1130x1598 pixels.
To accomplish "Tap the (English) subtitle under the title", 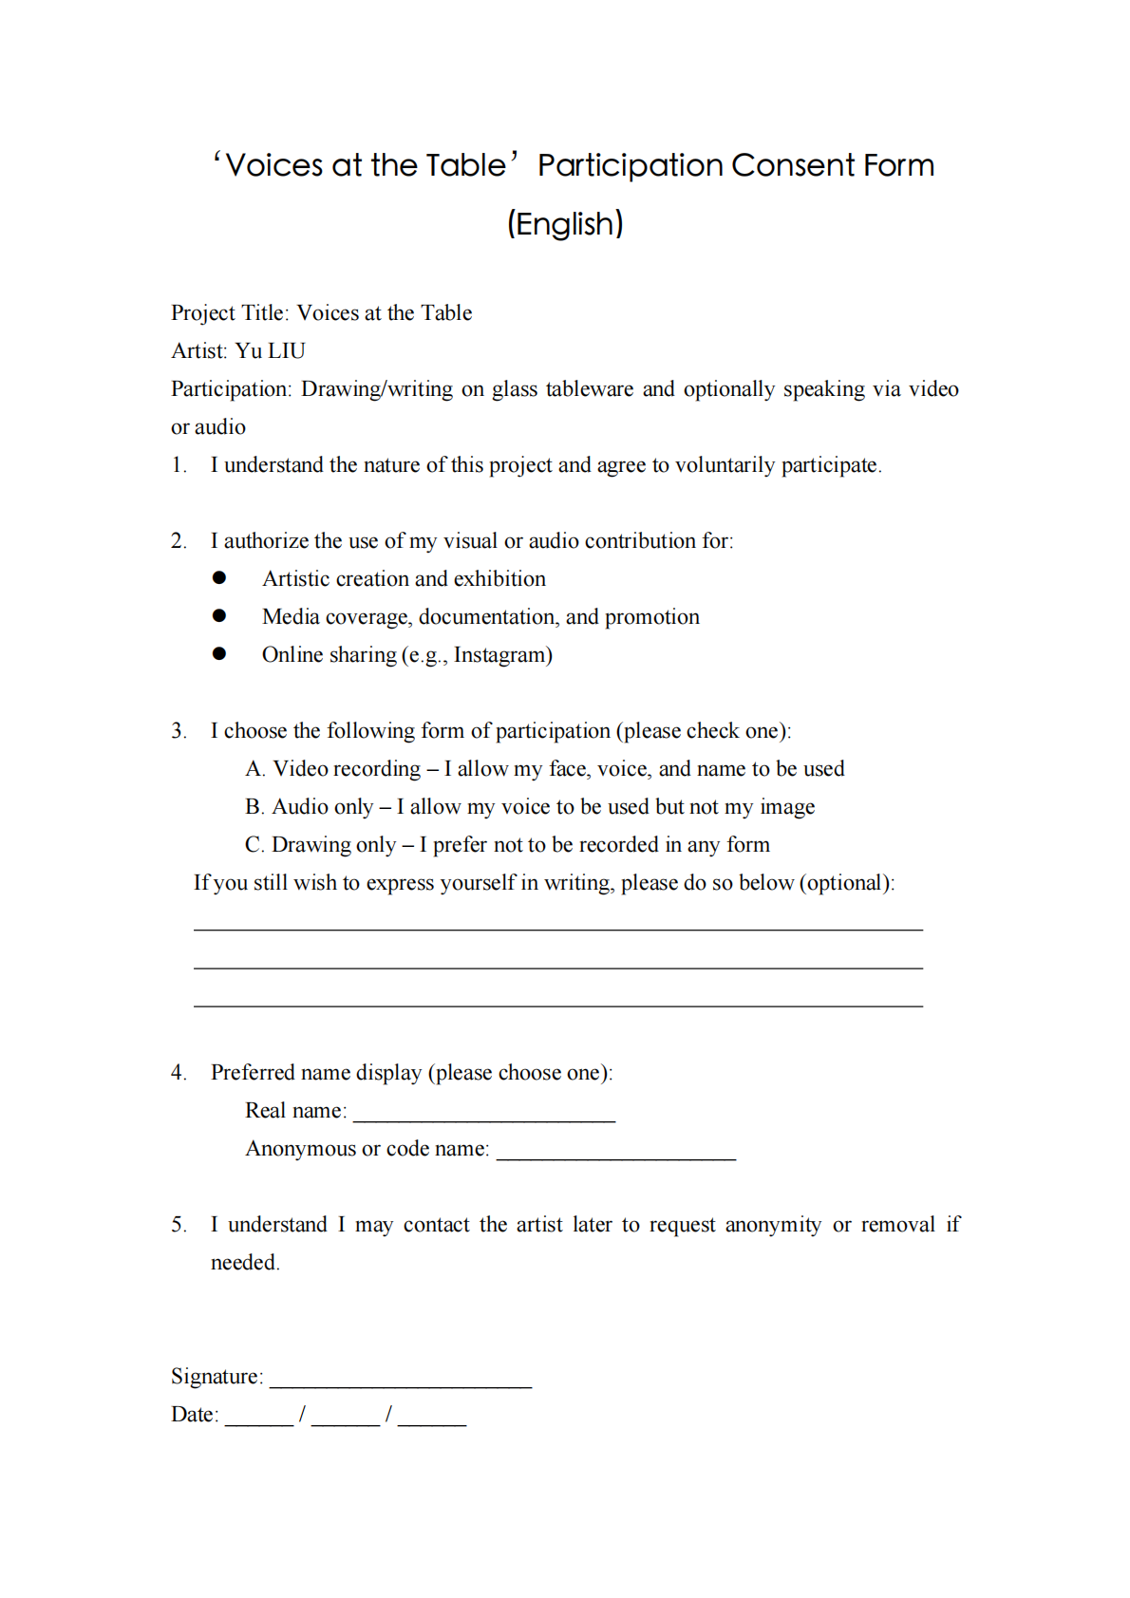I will coord(565,224).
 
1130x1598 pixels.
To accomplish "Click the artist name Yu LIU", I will coord(271,351).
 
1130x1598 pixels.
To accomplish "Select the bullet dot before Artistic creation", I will coord(219,578).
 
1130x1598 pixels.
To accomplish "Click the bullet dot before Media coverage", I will coord(219,616).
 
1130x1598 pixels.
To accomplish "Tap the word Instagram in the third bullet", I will coord(499,655).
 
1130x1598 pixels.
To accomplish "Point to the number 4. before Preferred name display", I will coord(179,1073).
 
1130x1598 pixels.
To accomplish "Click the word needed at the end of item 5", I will coord(243,1263).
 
